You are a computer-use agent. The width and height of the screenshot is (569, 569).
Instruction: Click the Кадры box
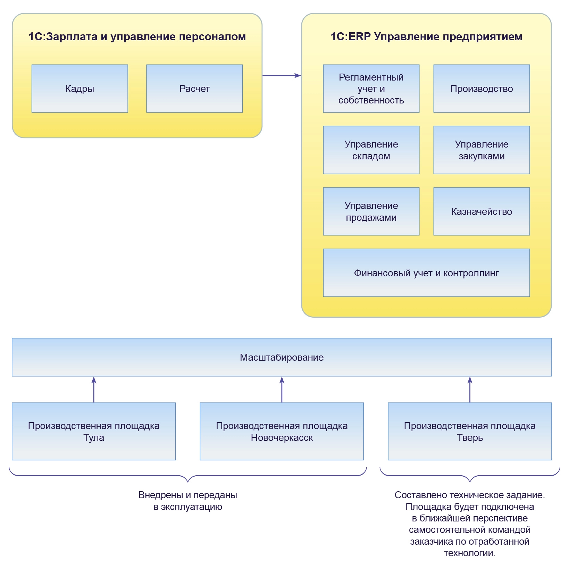tap(80, 89)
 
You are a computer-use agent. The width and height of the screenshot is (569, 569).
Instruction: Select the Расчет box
tap(194, 89)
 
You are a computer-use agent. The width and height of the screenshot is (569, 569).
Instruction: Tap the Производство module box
tap(482, 89)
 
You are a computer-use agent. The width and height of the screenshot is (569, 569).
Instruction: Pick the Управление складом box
tap(371, 150)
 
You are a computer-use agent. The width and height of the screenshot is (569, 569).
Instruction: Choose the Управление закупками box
tap(482, 150)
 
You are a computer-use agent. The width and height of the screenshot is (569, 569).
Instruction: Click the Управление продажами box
tap(371, 211)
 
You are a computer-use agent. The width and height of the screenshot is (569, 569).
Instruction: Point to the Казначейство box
tap(482, 211)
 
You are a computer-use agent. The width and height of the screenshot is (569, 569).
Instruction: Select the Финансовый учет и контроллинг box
tap(426, 273)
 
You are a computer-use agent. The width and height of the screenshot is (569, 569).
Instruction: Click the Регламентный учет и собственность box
tap(371, 89)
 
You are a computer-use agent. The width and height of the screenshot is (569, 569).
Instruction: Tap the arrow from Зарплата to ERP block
tap(281, 75)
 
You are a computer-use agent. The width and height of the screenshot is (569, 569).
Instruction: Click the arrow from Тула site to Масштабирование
tap(94, 390)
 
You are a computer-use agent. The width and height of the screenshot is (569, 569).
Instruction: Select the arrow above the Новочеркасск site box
tap(282, 390)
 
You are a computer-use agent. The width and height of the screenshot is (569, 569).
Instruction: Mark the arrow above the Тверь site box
tap(470, 390)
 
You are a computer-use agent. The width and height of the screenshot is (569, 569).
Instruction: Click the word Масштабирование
tap(282, 357)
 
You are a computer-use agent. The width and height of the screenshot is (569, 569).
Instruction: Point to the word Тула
tap(94, 438)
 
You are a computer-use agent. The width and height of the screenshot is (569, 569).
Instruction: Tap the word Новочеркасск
tap(282, 438)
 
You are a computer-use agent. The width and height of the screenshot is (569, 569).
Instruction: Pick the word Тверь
tap(470, 438)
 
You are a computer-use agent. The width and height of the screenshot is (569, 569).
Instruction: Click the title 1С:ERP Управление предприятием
tap(426, 36)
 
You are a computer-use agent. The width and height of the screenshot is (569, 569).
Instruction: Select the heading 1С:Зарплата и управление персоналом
tap(137, 36)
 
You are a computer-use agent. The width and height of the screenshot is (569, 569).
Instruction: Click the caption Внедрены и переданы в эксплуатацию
tap(187, 501)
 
